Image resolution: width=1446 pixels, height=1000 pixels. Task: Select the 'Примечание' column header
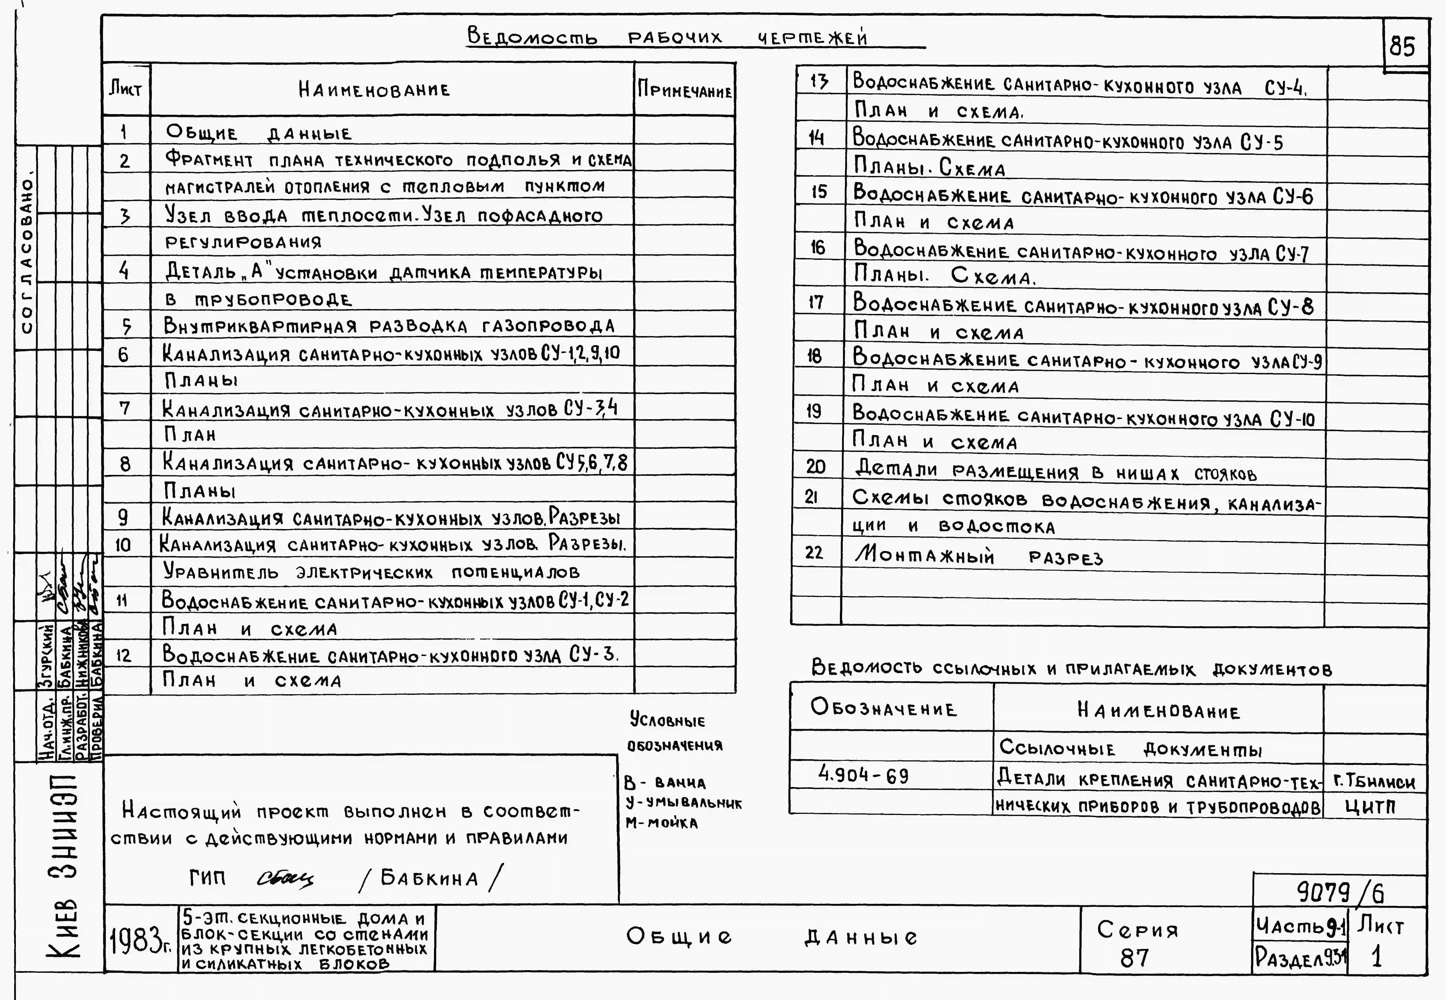tap(685, 91)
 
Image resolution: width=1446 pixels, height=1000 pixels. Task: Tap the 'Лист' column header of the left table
tap(125, 89)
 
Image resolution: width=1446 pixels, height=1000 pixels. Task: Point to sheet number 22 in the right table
tap(814, 553)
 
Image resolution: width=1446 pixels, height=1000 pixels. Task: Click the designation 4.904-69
tap(864, 776)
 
